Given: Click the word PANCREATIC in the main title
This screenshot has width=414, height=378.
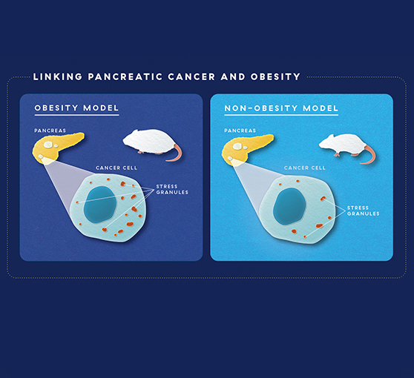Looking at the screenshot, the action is pyautogui.click(x=125, y=77).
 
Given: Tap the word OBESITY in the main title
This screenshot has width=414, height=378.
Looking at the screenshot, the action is pyautogui.click(x=275, y=77).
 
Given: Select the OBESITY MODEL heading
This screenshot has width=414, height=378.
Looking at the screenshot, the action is pyautogui.click(x=76, y=108).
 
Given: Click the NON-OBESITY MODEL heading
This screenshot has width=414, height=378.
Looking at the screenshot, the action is pyautogui.click(x=281, y=108).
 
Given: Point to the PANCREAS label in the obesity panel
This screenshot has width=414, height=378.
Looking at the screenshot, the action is pyautogui.click(x=50, y=130).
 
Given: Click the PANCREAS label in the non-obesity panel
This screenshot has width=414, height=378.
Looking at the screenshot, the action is pyautogui.click(x=240, y=130).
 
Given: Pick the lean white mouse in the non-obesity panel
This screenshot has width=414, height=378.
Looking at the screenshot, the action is pyautogui.click(x=344, y=145).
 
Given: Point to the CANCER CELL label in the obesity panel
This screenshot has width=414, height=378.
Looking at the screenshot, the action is pyautogui.click(x=116, y=168).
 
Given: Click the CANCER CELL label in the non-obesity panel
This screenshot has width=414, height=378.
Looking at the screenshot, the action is pyautogui.click(x=305, y=168).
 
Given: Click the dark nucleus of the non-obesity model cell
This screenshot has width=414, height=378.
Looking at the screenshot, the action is pyautogui.click(x=289, y=206).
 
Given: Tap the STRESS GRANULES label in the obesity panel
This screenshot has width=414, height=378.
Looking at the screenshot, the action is pyautogui.click(x=172, y=190).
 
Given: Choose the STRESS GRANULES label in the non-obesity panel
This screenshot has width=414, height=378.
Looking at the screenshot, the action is pyautogui.click(x=363, y=210).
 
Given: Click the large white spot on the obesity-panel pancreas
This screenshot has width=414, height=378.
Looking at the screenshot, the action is pyautogui.click(x=48, y=145).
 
